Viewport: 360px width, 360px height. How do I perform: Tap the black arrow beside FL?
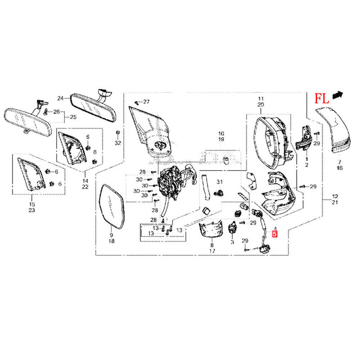click(x=337, y=94)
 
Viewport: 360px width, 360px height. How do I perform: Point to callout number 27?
click(x=146, y=102)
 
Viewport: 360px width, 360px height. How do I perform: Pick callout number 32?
click(x=117, y=143)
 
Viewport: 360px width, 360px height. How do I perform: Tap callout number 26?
click(x=56, y=112)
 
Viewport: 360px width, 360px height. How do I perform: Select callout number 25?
click(x=72, y=118)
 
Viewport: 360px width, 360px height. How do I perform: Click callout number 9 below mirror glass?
click(x=112, y=235)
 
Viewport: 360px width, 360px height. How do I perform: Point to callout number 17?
click(x=212, y=251)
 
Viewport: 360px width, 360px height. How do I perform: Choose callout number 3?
click(x=232, y=242)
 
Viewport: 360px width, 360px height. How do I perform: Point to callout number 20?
click(x=260, y=104)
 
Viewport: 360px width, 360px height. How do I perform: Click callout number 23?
click(x=31, y=210)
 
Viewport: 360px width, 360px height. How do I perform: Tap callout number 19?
click(x=221, y=140)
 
